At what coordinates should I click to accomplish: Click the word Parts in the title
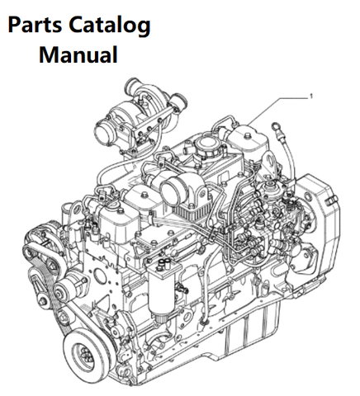[x=35, y=25]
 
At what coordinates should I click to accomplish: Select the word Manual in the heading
[x=78, y=54]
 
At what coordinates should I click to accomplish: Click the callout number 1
[x=311, y=97]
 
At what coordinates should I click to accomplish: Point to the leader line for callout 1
[x=277, y=110]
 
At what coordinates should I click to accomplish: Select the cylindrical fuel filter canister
[x=162, y=291]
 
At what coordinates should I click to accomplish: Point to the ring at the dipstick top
[x=275, y=127]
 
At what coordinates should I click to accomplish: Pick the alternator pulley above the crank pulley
[x=63, y=291]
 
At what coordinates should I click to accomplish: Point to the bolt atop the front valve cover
[x=121, y=211]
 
